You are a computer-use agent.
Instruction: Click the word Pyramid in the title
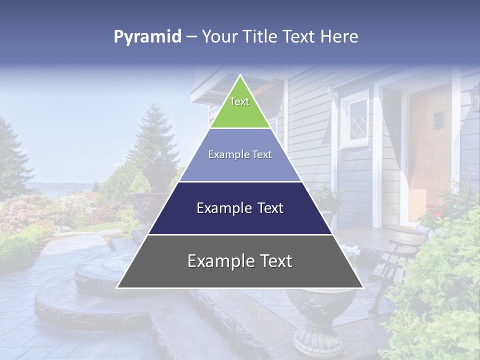click(x=147, y=37)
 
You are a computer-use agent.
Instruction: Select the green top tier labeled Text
click(x=240, y=107)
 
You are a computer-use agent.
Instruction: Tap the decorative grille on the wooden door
click(x=438, y=120)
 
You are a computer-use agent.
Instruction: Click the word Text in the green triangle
click(x=239, y=102)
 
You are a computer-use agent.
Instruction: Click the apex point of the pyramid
click(x=240, y=76)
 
